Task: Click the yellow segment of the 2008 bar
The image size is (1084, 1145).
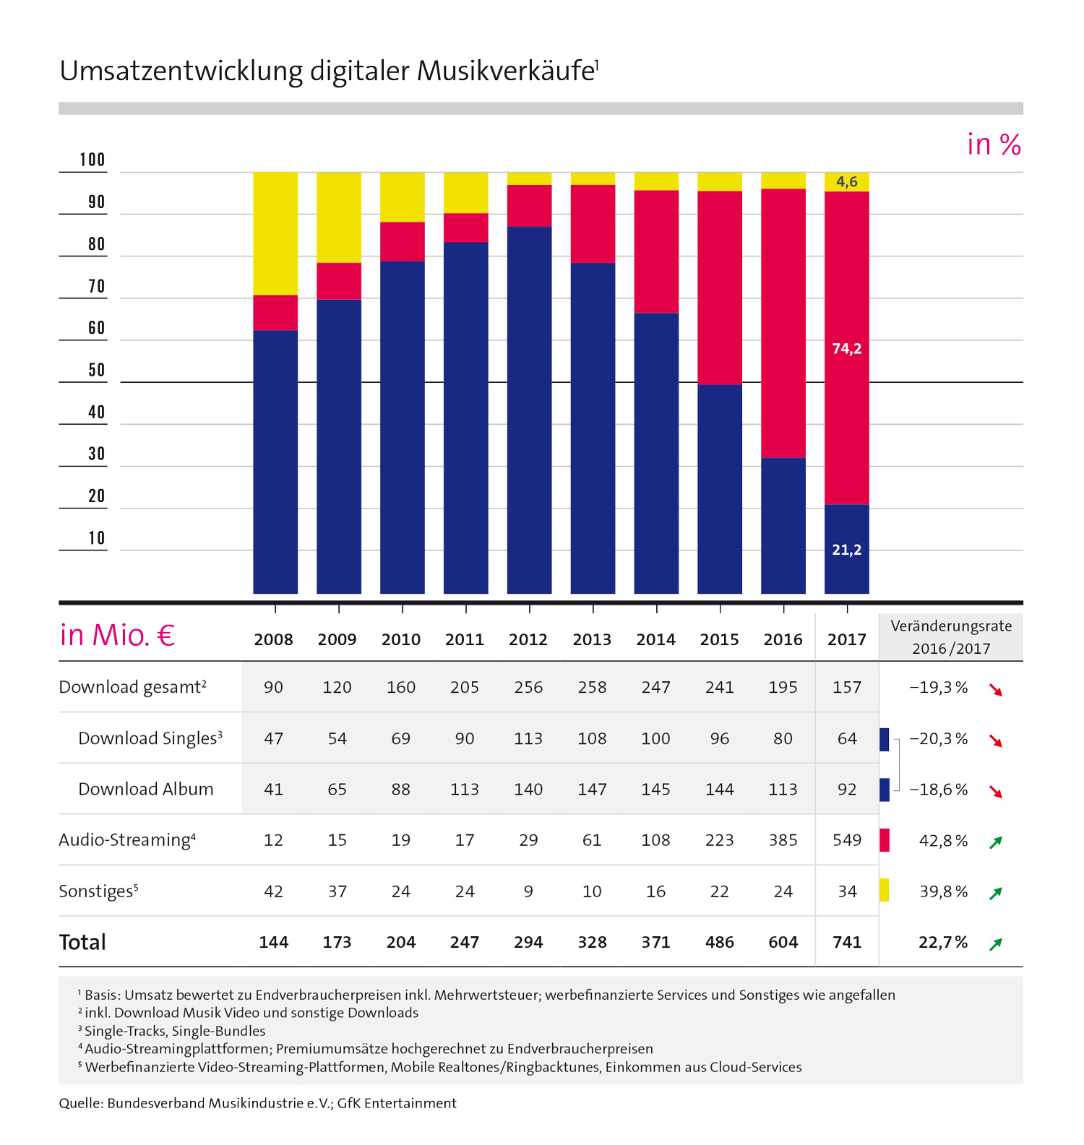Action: (x=275, y=233)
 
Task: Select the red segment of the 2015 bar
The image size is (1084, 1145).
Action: (x=720, y=288)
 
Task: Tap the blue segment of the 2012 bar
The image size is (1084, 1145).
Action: (x=529, y=410)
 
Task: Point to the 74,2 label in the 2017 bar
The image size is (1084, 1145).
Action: (x=846, y=349)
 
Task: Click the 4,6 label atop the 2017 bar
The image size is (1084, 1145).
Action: (x=847, y=181)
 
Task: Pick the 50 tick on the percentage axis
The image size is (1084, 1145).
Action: (x=97, y=371)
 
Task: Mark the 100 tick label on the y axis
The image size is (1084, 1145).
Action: (x=93, y=160)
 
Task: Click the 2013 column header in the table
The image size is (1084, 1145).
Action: (x=592, y=639)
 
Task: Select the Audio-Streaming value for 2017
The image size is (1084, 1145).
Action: (x=847, y=840)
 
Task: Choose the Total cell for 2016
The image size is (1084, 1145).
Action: (x=783, y=942)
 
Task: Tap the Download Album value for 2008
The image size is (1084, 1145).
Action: (x=274, y=789)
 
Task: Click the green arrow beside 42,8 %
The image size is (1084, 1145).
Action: (x=996, y=842)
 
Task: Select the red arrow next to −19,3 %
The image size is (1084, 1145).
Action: (x=997, y=690)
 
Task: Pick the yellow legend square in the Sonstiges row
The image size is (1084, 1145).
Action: (x=884, y=890)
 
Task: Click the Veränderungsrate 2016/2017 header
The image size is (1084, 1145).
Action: (x=951, y=636)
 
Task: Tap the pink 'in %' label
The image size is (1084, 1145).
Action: (x=994, y=144)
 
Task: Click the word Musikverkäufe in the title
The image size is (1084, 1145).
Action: (x=506, y=72)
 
